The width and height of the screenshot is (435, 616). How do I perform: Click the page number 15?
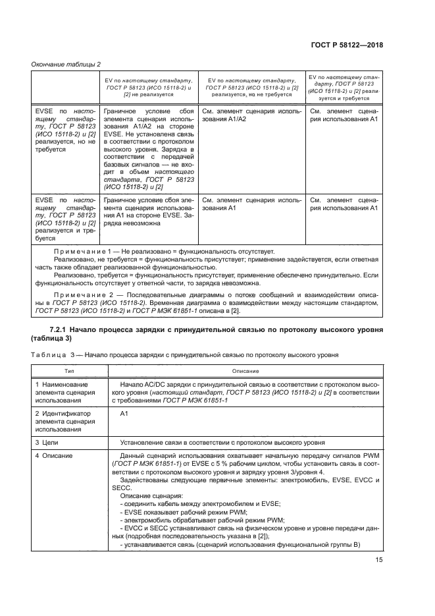tap(379, 561)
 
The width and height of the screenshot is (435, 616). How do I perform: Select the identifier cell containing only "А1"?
tap(126, 413)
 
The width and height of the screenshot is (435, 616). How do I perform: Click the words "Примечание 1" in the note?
tap(81, 252)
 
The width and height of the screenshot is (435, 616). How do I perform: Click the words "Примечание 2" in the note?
tap(81, 289)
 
